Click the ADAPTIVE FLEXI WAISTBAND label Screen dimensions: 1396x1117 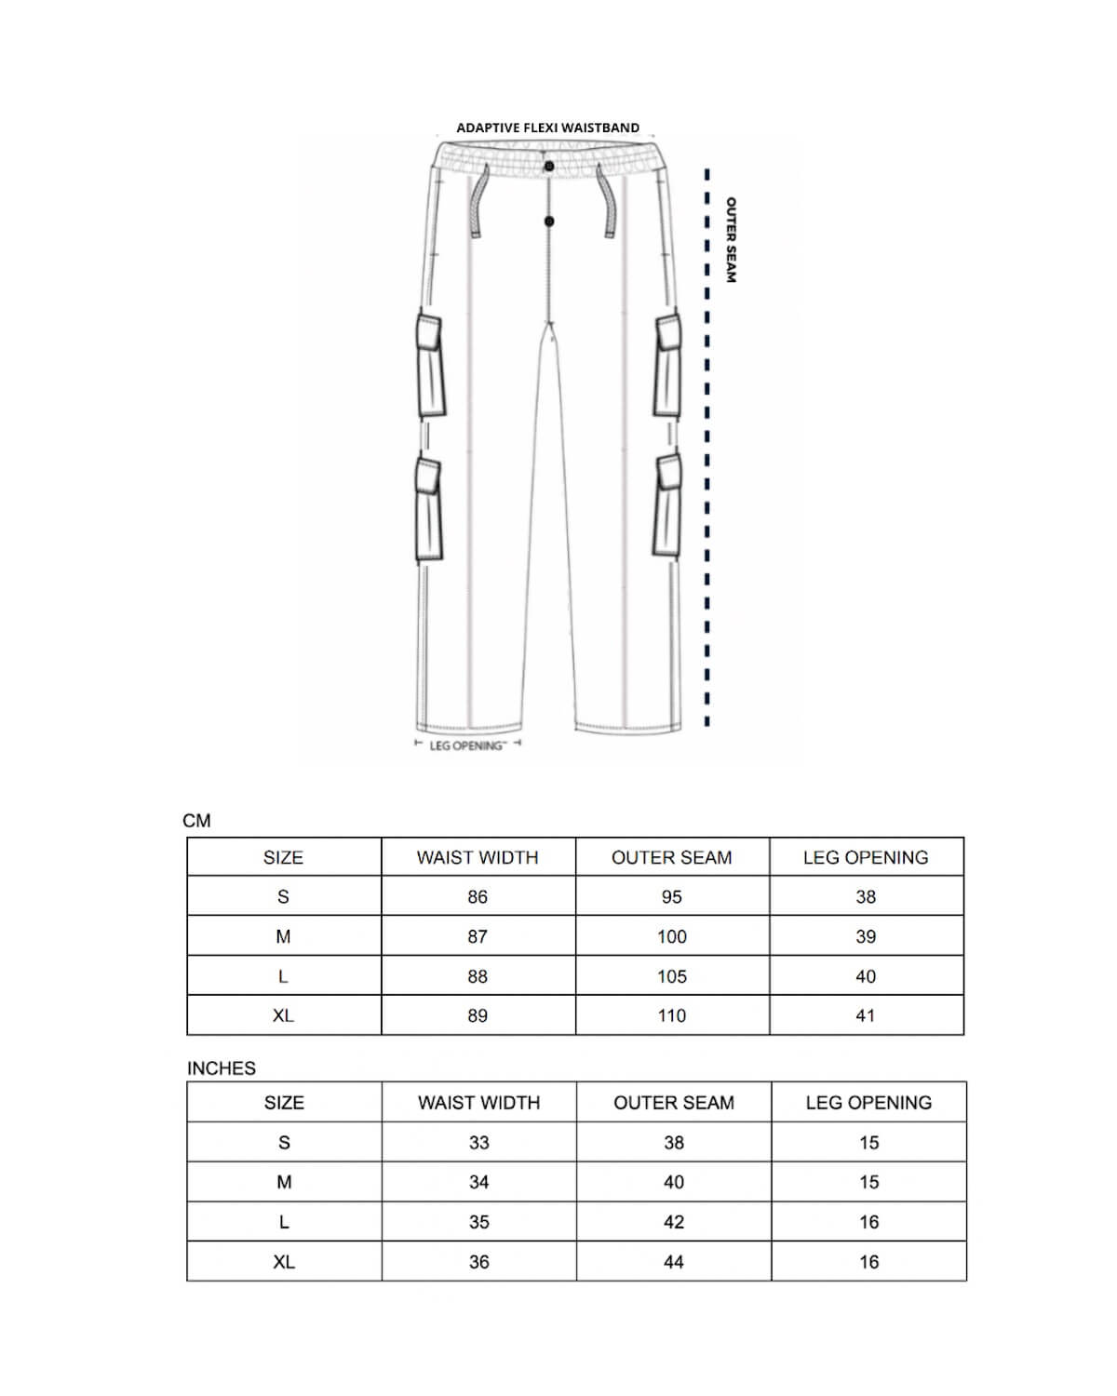pos(547,128)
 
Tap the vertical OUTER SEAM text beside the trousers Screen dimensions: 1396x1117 pos(731,239)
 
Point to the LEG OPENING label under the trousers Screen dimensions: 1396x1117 pos(466,745)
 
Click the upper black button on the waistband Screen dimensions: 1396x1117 pos(549,167)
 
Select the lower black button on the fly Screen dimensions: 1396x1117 pos(549,221)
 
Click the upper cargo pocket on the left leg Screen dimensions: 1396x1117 pos(429,366)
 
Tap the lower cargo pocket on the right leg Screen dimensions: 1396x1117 pos(667,505)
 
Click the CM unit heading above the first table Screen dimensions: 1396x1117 pos(197,821)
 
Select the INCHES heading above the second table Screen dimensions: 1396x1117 pos(222,1068)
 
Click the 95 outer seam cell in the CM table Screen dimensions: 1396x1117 pos(672,897)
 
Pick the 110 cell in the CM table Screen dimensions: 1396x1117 pos(672,1015)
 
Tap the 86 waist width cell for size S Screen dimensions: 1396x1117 pos(478,897)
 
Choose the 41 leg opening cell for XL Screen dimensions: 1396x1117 pos(866,1015)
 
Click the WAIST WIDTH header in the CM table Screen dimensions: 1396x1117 pos(478,857)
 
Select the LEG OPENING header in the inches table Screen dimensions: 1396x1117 pos(868,1103)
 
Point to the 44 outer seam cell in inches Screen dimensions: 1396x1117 pos(674,1262)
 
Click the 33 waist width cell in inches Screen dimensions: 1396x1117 pos(478,1143)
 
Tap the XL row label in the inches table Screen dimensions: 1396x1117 pos(284,1262)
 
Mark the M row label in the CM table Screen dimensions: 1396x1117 pos(283,937)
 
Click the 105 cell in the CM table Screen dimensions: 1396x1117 pos(672,976)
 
